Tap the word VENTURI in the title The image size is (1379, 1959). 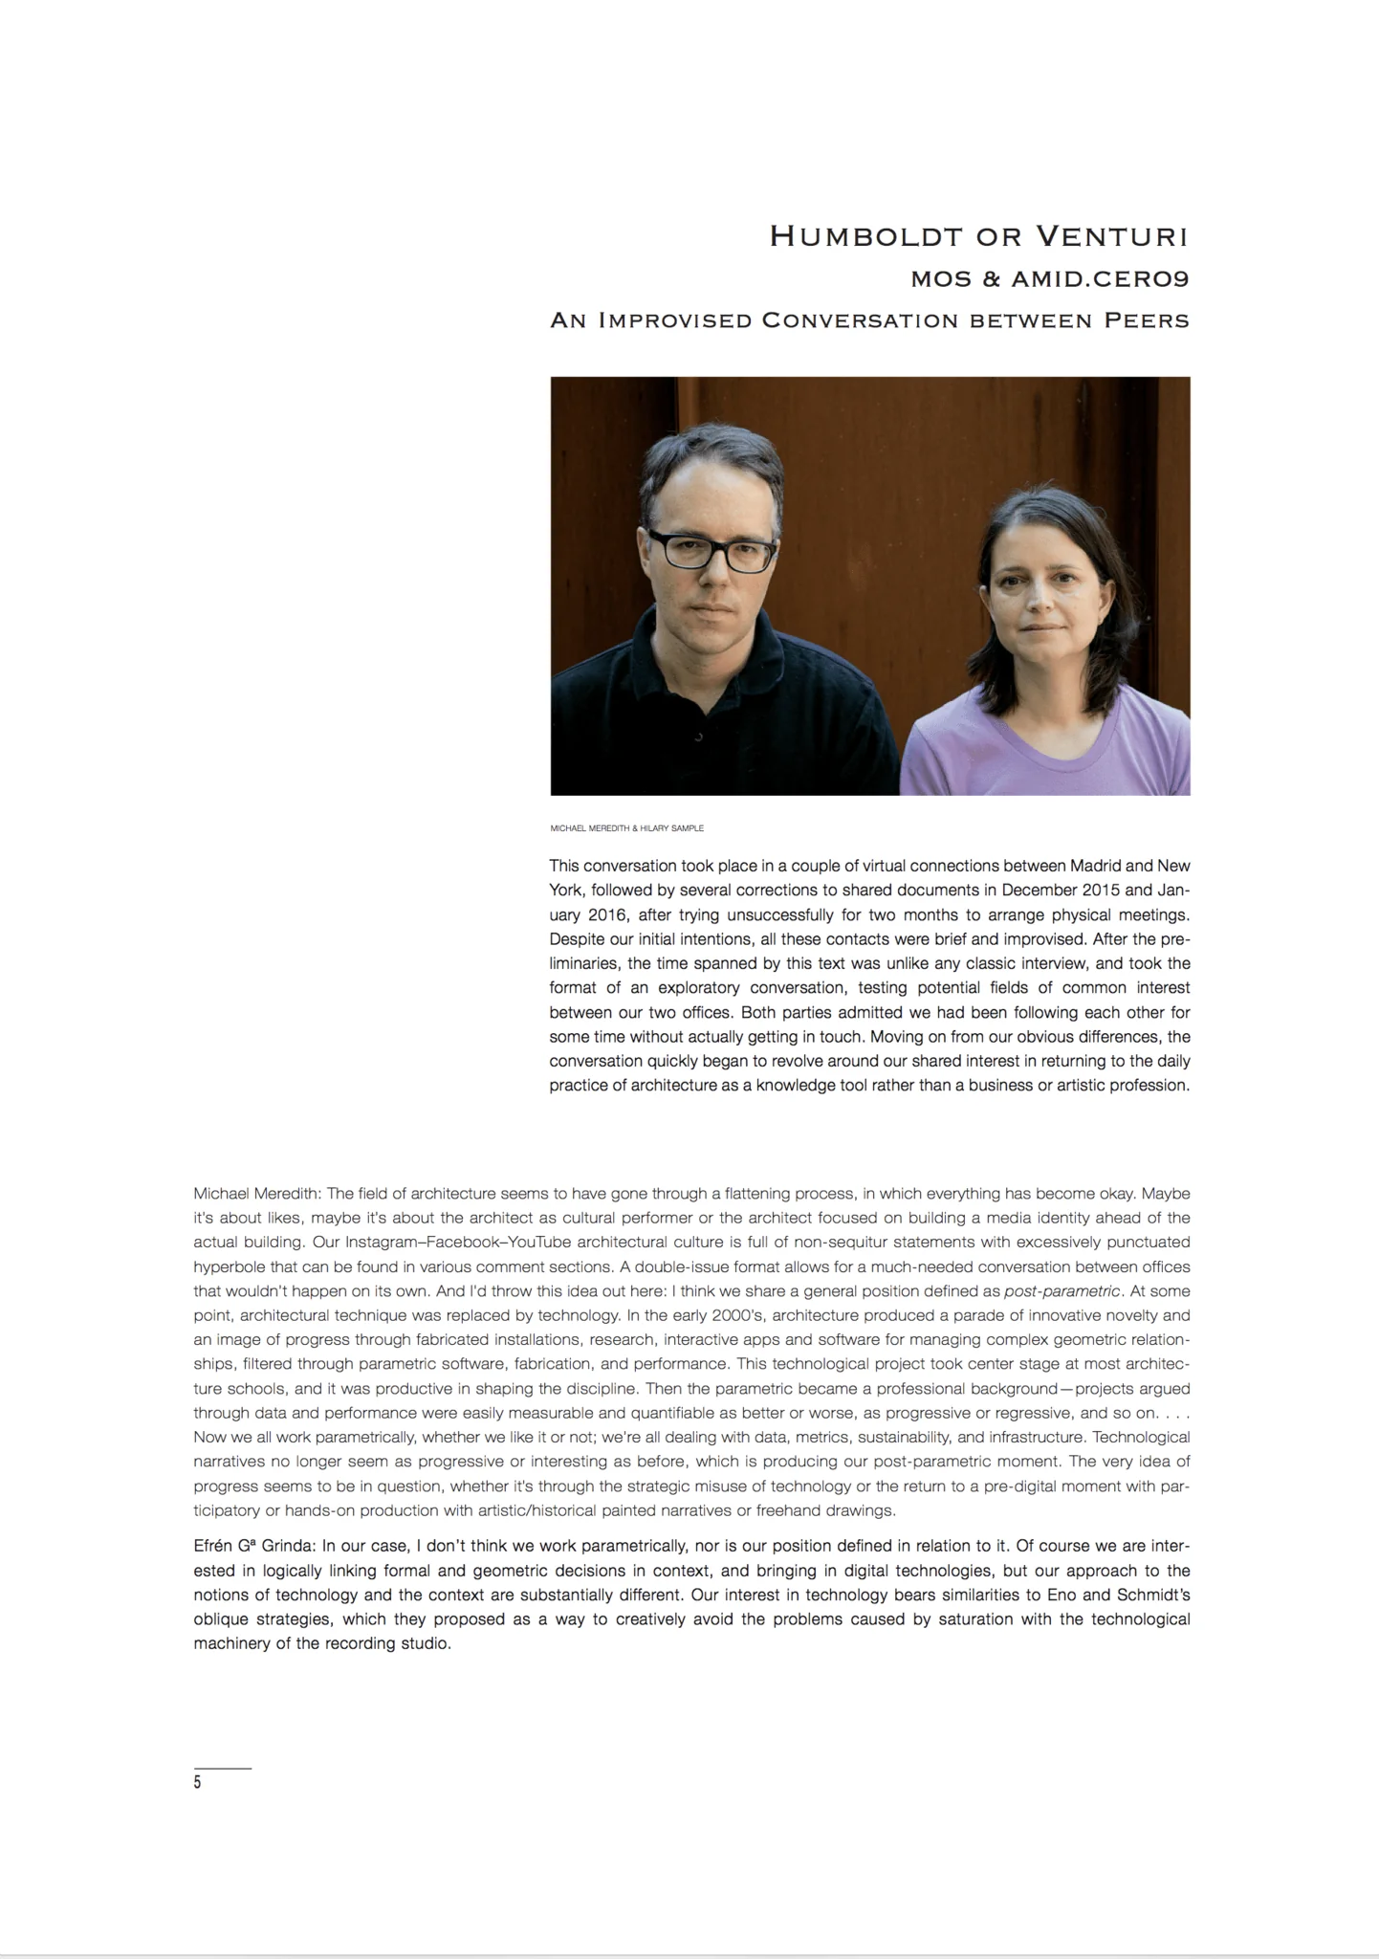(x=1112, y=236)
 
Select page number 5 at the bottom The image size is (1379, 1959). (x=198, y=1782)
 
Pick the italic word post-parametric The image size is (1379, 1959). (x=1061, y=1291)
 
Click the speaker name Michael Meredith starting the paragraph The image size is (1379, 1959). (x=257, y=1194)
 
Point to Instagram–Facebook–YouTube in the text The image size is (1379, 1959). (x=458, y=1243)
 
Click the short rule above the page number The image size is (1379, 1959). (x=222, y=1769)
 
